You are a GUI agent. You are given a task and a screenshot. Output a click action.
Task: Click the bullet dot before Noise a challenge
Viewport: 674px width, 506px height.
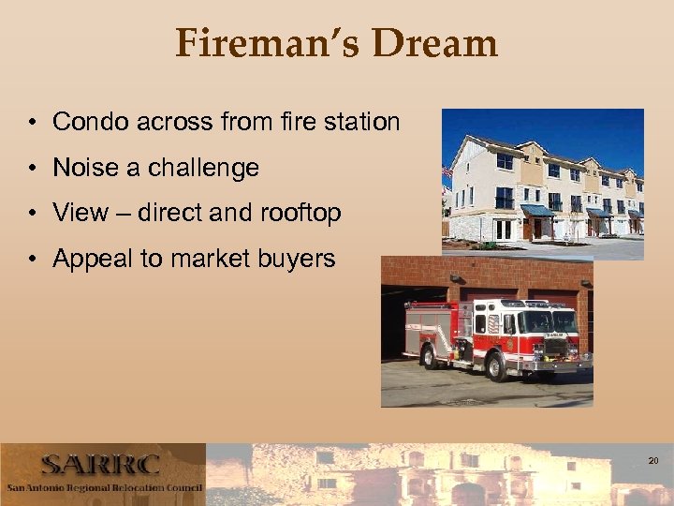pyautogui.click(x=32, y=169)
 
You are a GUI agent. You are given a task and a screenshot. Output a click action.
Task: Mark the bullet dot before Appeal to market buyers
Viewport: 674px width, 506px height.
pyautogui.click(x=32, y=260)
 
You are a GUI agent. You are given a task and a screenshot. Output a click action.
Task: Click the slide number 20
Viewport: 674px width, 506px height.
pyautogui.click(x=653, y=461)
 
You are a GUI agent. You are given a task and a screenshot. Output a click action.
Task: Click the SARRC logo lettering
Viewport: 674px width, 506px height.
pyautogui.click(x=100, y=465)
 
